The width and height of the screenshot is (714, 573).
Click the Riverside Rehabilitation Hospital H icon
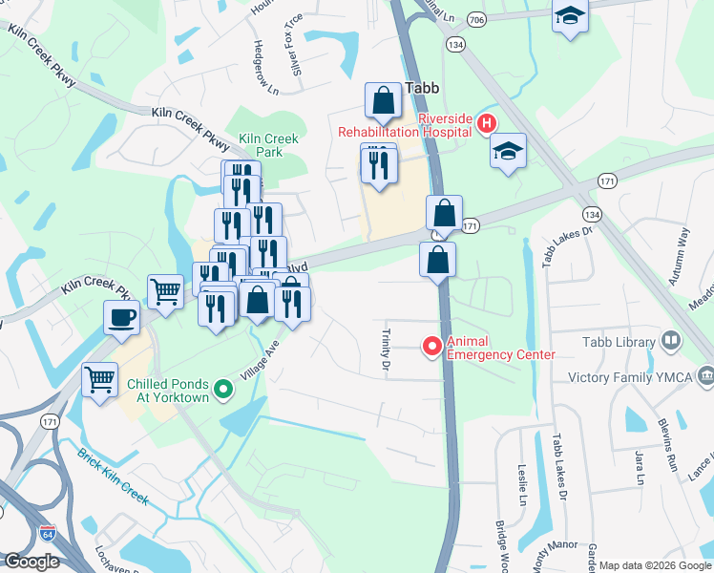click(486, 123)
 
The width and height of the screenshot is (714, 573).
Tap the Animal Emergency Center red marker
click(431, 346)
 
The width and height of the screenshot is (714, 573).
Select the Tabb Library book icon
click(671, 341)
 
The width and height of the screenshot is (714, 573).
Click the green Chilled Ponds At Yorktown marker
click(223, 388)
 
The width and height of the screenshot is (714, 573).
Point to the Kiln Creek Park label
click(268, 145)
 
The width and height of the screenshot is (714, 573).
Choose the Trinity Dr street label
click(387, 350)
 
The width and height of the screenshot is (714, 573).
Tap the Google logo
click(31, 562)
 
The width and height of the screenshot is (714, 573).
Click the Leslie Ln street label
click(522, 486)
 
